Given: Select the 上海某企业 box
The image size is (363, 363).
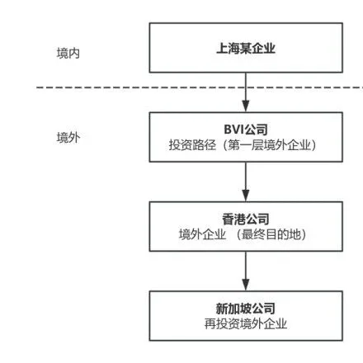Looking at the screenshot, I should [x=245, y=47].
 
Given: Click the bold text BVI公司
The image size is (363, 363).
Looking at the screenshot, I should [x=245, y=130].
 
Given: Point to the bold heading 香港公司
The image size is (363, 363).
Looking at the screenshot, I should [x=245, y=219].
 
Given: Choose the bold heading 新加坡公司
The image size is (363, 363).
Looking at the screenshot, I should [x=245, y=308].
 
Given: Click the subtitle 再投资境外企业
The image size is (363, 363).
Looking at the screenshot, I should [x=245, y=323].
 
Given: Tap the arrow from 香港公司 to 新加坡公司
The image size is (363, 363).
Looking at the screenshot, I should [x=245, y=269].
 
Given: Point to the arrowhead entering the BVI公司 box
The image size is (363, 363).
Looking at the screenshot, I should [x=245, y=107].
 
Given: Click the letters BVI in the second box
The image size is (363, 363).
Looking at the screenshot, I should [x=233, y=130].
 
